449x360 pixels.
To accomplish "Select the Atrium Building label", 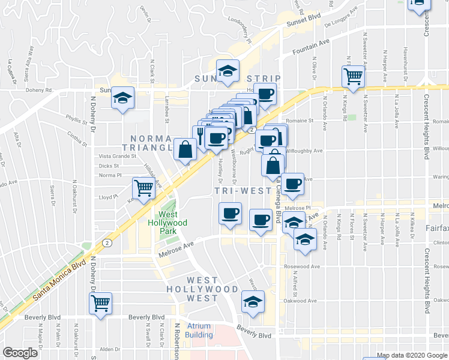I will (x=199, y=331).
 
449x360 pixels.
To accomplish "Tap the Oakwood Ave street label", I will (x=300, y=301).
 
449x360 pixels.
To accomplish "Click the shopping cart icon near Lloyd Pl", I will (x=143, y=188).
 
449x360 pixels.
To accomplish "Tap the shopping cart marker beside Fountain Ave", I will (x=354, y=76).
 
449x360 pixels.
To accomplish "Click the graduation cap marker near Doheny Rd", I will (x=123, y=98).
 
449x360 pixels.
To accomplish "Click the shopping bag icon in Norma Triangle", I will (x=185, y=150).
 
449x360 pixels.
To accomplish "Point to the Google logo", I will (x=20, y=353).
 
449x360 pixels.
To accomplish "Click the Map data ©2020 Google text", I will (x=412, y=356).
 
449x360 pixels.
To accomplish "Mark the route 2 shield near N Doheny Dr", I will (x=106, y=242).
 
